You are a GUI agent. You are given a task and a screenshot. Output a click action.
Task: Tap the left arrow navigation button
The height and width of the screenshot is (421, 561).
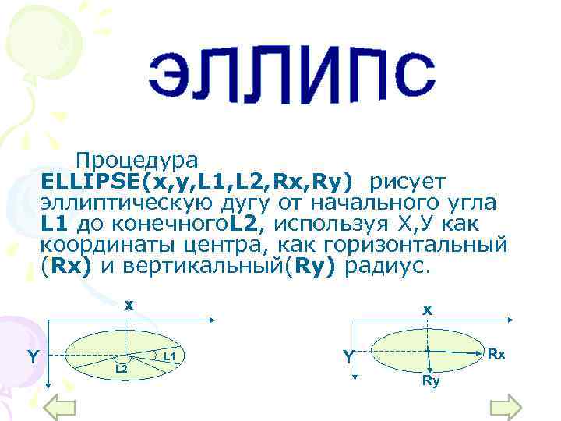pos(59,406)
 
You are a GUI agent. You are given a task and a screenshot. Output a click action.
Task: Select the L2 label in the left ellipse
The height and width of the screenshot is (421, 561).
pos(122,367)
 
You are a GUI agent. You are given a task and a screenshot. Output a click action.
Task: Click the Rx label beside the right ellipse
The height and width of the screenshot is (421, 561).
pos(497,355)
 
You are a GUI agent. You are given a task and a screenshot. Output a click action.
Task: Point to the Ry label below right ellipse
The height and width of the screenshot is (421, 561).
pos(431,381)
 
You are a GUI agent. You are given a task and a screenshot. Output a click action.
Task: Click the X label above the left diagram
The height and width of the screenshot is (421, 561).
pos(130,305)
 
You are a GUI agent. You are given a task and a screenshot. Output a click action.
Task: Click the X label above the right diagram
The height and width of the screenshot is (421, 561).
pos(428,310)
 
